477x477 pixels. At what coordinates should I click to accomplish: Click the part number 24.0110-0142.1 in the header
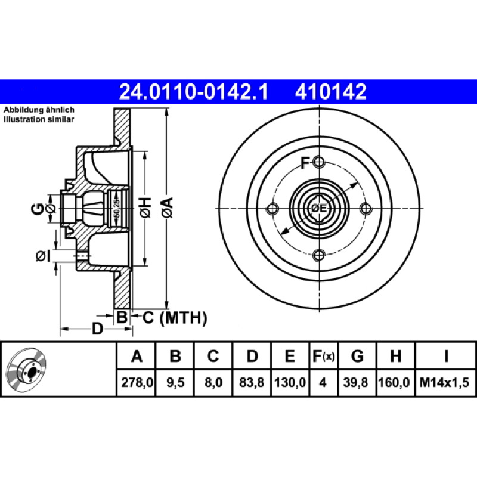pyautogui.click(x=193, y=92)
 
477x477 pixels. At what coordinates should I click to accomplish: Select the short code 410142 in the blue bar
pyautogui.click(x=330, y=92)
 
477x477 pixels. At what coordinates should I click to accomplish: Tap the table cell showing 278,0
pyautogui.click(x=137, y=382)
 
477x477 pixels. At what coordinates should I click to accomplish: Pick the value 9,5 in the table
pyautogui.click(x=175, y=382)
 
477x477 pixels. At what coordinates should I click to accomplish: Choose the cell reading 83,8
pyautogui.click(x=252, y=382)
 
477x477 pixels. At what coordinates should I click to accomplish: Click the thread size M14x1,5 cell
pyautogui.click(x=444, y=382)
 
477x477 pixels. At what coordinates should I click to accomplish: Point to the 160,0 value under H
pyautogui.click(x=394, y=382)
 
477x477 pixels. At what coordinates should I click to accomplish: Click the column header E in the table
pyautogui.click(x=290, y=356)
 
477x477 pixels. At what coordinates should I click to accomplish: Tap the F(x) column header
pyautogui.click(x=324, y=356)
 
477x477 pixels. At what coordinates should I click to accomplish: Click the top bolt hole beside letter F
pyautogui.click(x=319, y=162)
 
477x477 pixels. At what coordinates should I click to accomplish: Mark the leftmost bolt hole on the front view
pyautogui.click(x=272, y=209)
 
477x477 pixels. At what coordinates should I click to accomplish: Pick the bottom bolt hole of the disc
pyautogui.click(x=319, y=255)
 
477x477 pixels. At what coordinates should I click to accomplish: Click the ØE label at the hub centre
pyautogui.click(x=319, y=208)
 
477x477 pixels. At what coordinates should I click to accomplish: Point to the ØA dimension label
pyautogui.click(x=168, y=207)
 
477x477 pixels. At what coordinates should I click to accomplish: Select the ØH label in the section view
pyautogui.click(x=145, y=207)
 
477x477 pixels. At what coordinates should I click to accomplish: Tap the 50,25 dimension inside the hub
pyautogui.click(x=117, y=208)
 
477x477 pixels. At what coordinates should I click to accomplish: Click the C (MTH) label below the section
pyautogui.click(x=175, y=318)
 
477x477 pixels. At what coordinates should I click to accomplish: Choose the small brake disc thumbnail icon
pyautogui.click(x=26, y=370)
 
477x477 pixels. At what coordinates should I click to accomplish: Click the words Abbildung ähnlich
pyautogui.click(x=39, y=110)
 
